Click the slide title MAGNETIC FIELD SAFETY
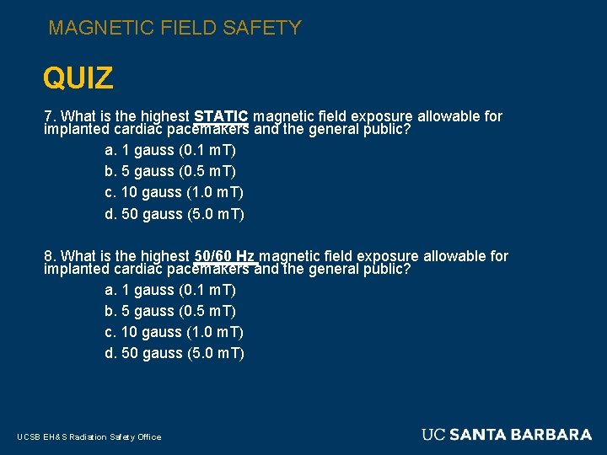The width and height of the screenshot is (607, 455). click(175, 28)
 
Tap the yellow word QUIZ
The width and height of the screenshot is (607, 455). click(78, 79)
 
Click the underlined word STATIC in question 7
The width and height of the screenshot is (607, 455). click(221, 116)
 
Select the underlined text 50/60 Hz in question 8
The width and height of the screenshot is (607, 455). click(225, 255)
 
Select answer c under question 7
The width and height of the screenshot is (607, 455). click(174, 192)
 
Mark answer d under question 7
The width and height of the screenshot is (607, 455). click(174, 214)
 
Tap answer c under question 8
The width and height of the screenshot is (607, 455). click(174, 332)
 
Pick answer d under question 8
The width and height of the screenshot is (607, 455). click(174, 353)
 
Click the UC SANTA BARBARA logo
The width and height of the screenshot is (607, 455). click(507, 435)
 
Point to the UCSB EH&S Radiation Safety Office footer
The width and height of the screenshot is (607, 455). click(89, 436)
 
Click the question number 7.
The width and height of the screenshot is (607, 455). click(49, 116)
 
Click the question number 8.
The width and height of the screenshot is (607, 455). click(49, 255)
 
